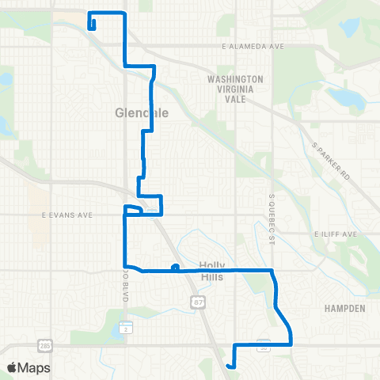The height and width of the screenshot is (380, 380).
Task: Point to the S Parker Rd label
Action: (x=330, y=161)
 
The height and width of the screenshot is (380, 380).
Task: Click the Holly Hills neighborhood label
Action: (x=212, y=271)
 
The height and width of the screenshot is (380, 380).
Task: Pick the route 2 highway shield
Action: (x=127, y=327)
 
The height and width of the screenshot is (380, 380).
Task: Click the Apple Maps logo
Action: (x=28, y=368)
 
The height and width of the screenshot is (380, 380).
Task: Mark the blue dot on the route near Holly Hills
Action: (x=174, y=267)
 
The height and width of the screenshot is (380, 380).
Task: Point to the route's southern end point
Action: (x=229, y=366)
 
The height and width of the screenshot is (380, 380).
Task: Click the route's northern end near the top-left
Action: (x=93, y=26)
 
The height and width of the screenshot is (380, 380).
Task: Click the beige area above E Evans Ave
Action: (x=37, y=198)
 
